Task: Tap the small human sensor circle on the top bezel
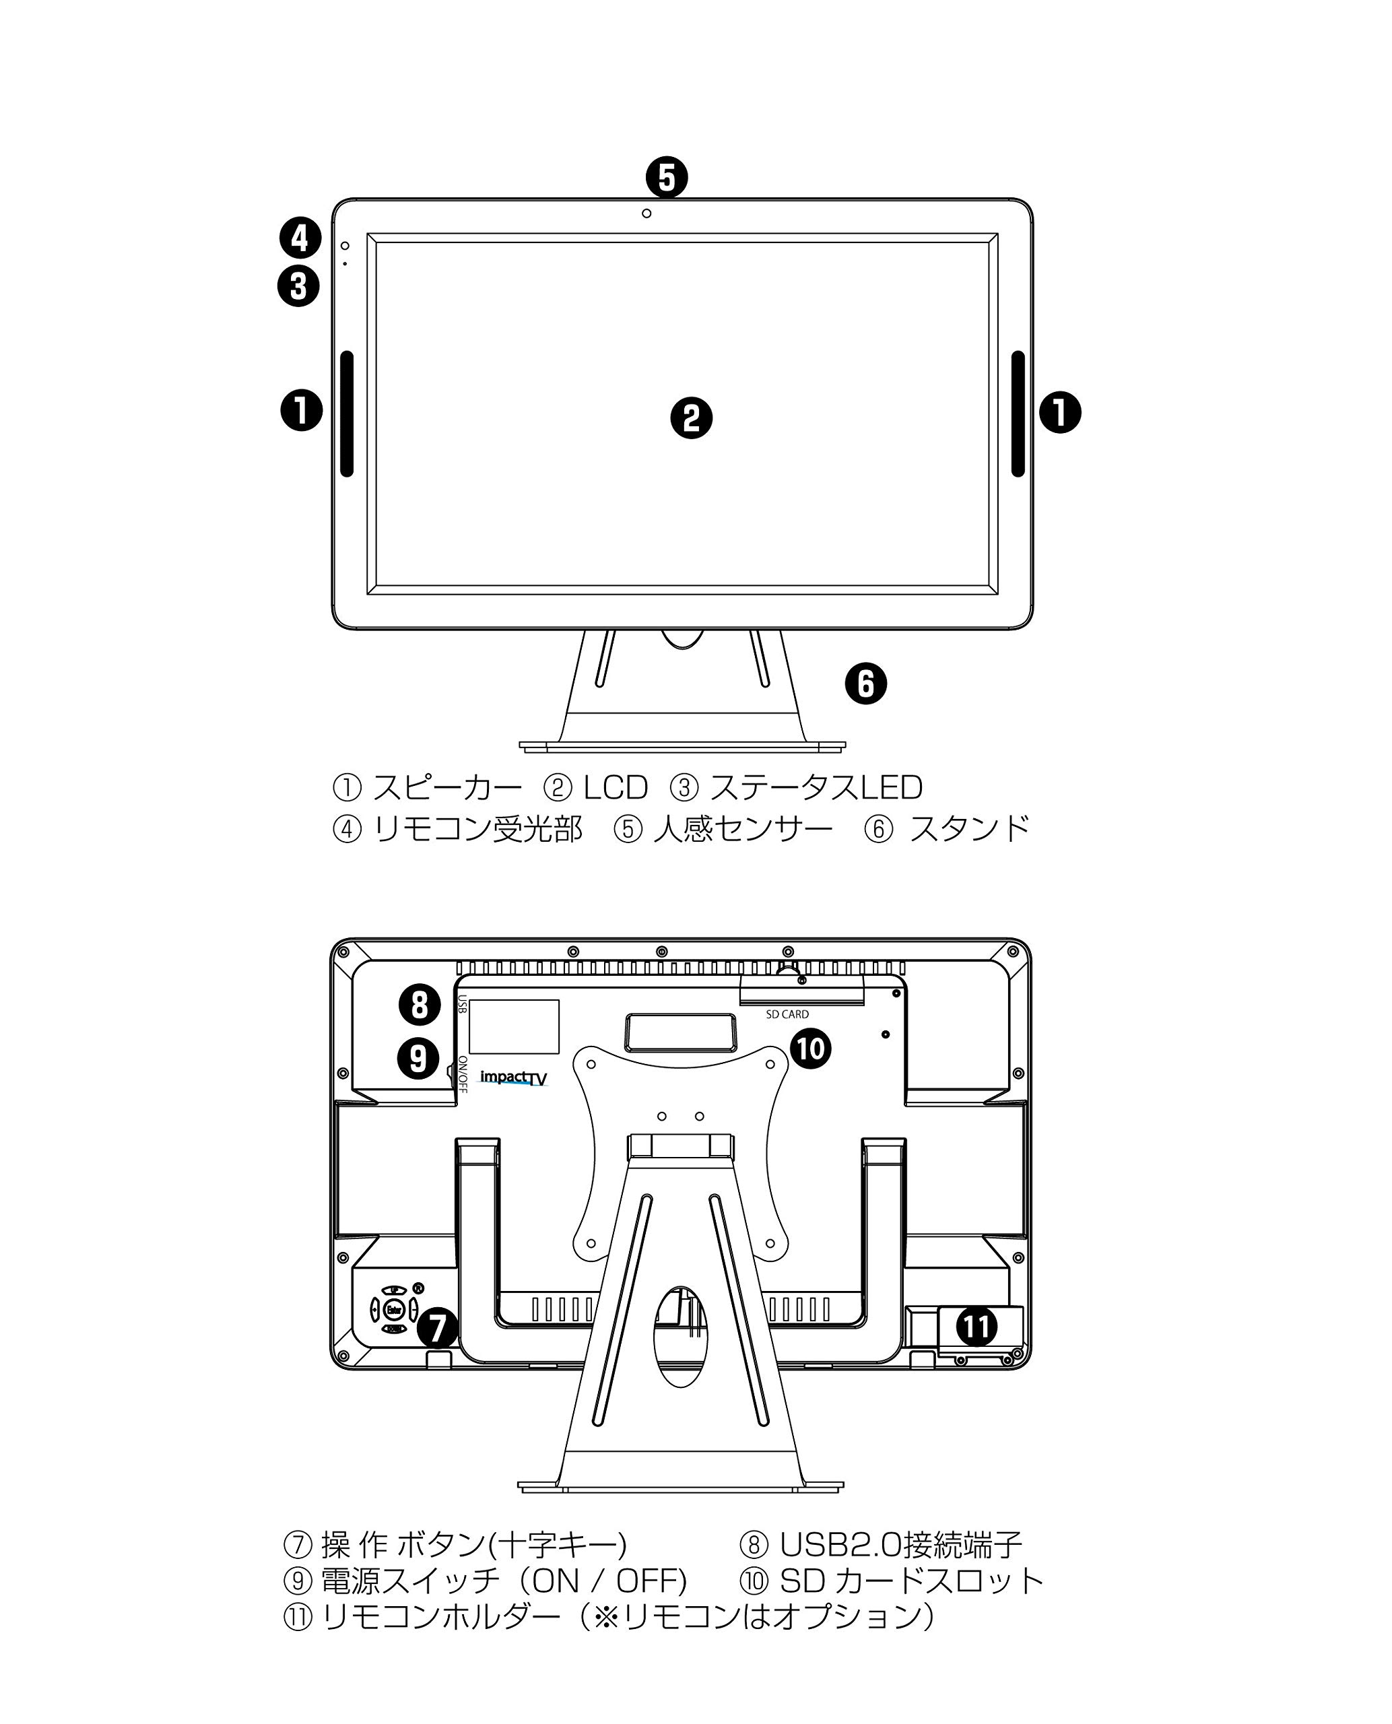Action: point(647,213)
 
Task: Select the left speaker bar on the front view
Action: point(346,413)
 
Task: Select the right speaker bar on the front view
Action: point(1018,413)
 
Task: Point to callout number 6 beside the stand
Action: point(866,684)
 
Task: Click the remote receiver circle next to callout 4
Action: point(345,245)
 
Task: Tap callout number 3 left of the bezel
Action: point(298,286)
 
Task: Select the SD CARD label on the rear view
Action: point(787,1014)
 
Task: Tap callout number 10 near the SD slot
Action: point(810,1048)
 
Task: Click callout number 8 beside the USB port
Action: point(420,1005)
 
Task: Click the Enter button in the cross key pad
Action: point(393,1311)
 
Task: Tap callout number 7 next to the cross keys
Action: point(437,1327)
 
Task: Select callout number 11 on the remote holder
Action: point(976,1325)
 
